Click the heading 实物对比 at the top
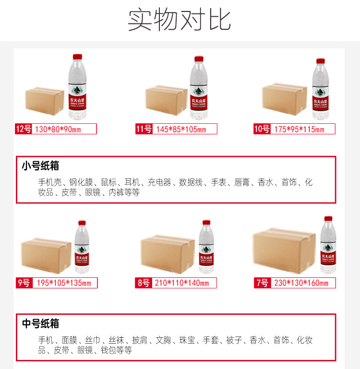(x=180, y=20)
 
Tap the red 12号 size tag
(x=24, y=129)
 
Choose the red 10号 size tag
(x=262, y=129)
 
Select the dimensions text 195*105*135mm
(x=62, y=283)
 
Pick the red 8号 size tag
(x=144, y=283)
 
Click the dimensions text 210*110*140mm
(x=182, y=283)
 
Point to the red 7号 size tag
(x=262, y=283)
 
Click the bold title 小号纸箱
(x=40, y=166)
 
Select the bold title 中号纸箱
(x=40, y=324)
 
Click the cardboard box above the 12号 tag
(x=44, y=101)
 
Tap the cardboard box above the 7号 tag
(x=285, y=245)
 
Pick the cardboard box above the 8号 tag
(x=168, y=254)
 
